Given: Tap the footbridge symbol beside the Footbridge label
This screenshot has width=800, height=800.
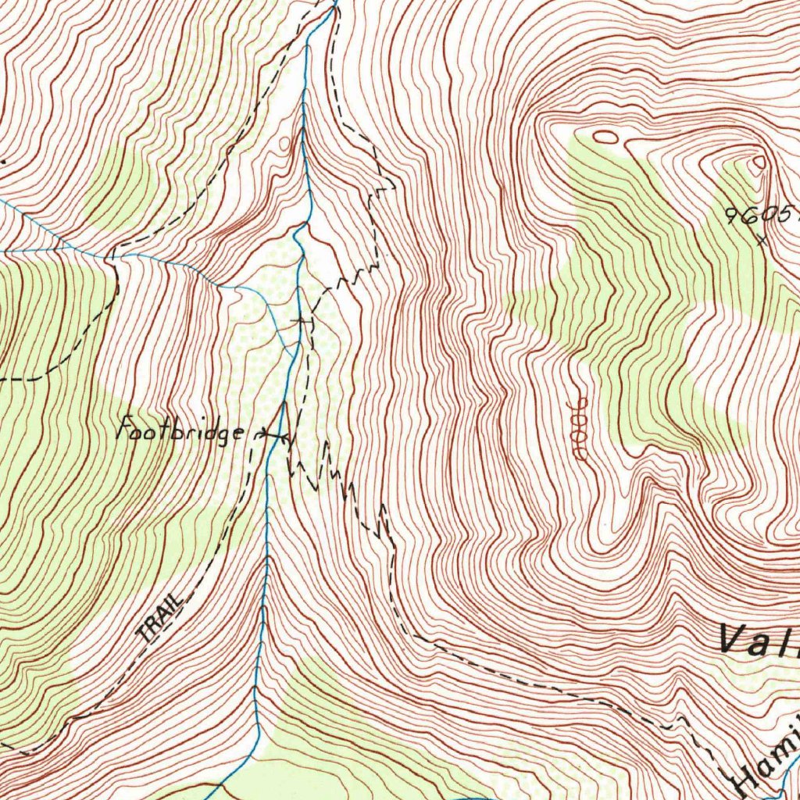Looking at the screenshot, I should click(271, 434).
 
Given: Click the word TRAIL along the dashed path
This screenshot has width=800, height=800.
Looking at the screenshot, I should click(159, 618).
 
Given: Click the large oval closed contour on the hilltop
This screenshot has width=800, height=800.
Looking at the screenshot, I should click(606, 137).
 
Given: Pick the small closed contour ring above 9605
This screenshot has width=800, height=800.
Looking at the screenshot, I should click(759, 162).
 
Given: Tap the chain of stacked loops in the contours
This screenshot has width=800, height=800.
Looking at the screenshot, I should click(580, 428).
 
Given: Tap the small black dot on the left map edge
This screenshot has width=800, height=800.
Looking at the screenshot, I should click(2, 162).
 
